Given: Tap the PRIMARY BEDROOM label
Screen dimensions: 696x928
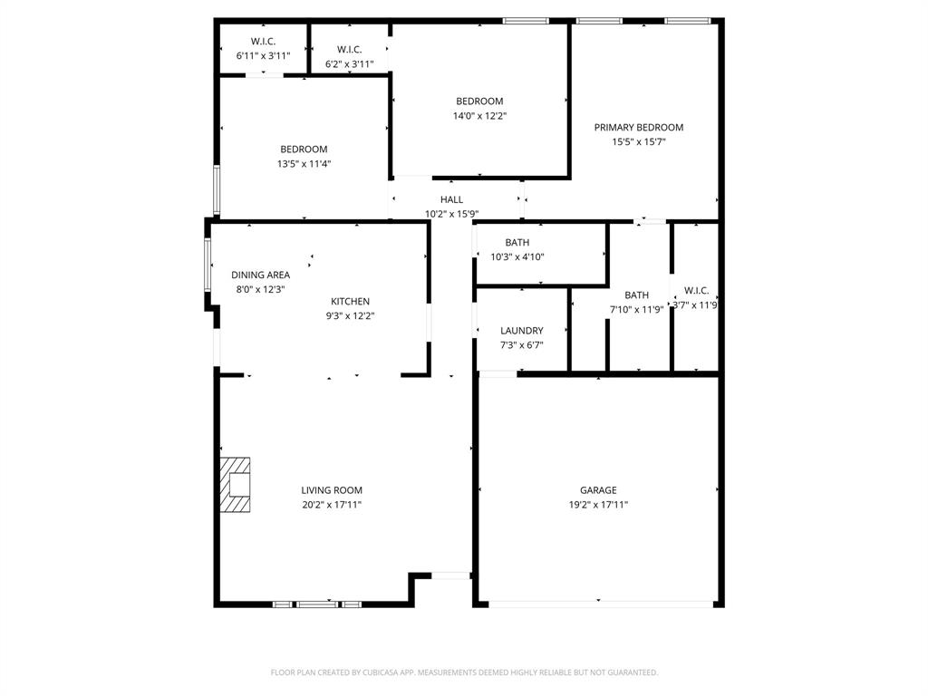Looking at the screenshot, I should click(x=638, y=128).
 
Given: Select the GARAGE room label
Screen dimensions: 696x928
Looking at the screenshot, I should click(x=598, y=490).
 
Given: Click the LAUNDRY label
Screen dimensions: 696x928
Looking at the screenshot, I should click(x=521, y=331).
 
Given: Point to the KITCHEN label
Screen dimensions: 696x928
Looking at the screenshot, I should click(x=350, y=302).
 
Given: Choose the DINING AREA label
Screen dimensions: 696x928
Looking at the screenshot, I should click(x=260, y=275).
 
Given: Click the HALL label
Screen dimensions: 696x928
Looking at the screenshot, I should click(x=451, y=200).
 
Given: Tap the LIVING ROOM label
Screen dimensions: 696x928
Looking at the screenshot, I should click(x=332, y=490).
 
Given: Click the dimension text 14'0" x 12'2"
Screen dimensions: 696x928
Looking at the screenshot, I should click(x=479, y=116).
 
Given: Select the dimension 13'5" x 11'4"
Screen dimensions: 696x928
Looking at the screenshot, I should click(x=304, y=164).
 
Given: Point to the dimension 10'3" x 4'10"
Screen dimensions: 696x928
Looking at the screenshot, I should click(x=517, y=257).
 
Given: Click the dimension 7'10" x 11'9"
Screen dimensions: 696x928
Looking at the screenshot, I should click(x=636, y=309).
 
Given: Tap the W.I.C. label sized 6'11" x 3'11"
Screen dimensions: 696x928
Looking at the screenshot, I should click(x=263, y=42).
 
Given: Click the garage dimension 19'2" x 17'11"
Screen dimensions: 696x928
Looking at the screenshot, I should click(x=598, y=505).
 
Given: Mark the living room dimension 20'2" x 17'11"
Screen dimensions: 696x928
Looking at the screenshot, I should click(x=332, y=505).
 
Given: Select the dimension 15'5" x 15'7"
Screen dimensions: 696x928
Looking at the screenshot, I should click(x=638, y=142).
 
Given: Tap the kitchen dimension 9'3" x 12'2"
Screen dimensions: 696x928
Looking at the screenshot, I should click(x=350, y=316).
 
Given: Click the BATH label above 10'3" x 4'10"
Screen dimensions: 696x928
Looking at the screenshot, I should click(x=517, y=243).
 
